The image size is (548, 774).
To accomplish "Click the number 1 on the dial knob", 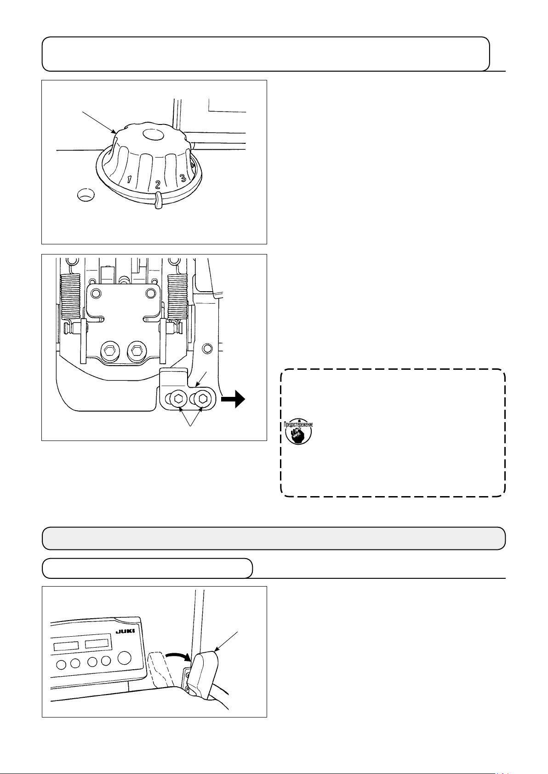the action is [x=130, y=179].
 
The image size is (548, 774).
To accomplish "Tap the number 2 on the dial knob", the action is [x=158, y=185].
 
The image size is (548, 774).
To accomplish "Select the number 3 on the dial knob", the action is [x=183, y=178].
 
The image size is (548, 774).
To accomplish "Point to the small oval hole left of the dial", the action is [x=86, y=195].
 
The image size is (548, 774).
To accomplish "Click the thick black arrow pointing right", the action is [x=233, y=399].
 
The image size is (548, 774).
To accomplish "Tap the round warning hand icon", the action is [x=298, y=433].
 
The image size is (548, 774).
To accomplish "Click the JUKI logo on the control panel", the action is [x=125, y=631].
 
